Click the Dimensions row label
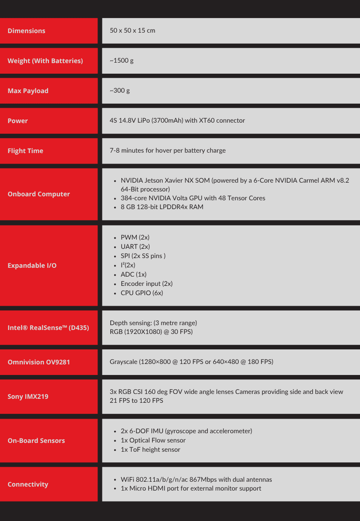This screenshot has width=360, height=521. (x=26, y=31)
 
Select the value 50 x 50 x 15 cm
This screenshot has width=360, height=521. (x=132, y=31)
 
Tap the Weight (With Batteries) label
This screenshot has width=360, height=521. (x=45, y=61)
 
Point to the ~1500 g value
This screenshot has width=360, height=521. (x=121, y=60)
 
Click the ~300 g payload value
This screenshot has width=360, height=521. (x=120, y=90)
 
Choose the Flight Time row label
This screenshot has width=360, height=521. (x=25, y=151)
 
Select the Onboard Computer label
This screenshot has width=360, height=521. (x=39, y=194)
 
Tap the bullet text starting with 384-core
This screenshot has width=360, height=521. (x=193, y=198)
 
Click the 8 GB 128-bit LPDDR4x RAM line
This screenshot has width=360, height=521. (x=162, y=207)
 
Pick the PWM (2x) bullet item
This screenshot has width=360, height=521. (x=135, y=237)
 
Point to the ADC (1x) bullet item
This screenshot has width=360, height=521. (x=134, y=274)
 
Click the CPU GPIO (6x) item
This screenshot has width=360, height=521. (x=142, y=293)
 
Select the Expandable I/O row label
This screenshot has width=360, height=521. (x=32, y=266)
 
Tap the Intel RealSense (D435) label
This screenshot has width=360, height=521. (x=48, y=328)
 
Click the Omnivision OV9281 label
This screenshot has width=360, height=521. (x=39, y=362)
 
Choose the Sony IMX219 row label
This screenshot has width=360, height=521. (x=28, y=397)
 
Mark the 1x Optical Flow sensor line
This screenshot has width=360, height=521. (x=153, y=440)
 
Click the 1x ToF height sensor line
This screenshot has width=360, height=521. (x=150, y=450)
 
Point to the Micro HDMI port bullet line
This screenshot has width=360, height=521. (x=191, y=488)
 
